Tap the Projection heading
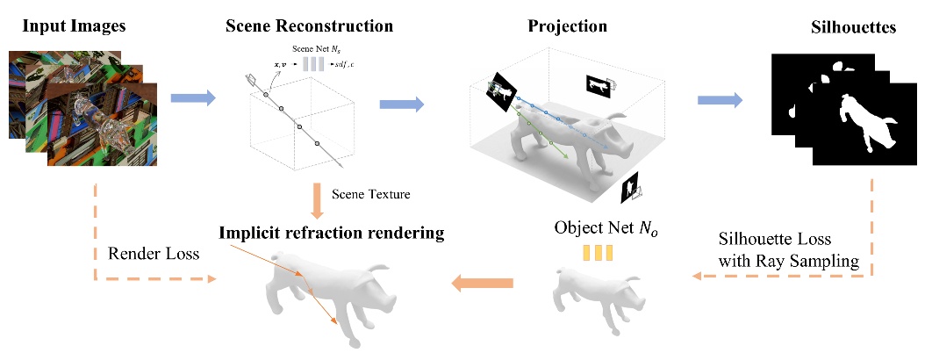567,26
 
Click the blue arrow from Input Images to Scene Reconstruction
192,99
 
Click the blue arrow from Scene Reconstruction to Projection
402,104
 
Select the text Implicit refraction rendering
332,234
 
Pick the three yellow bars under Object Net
596,254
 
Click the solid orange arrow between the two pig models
483,282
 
